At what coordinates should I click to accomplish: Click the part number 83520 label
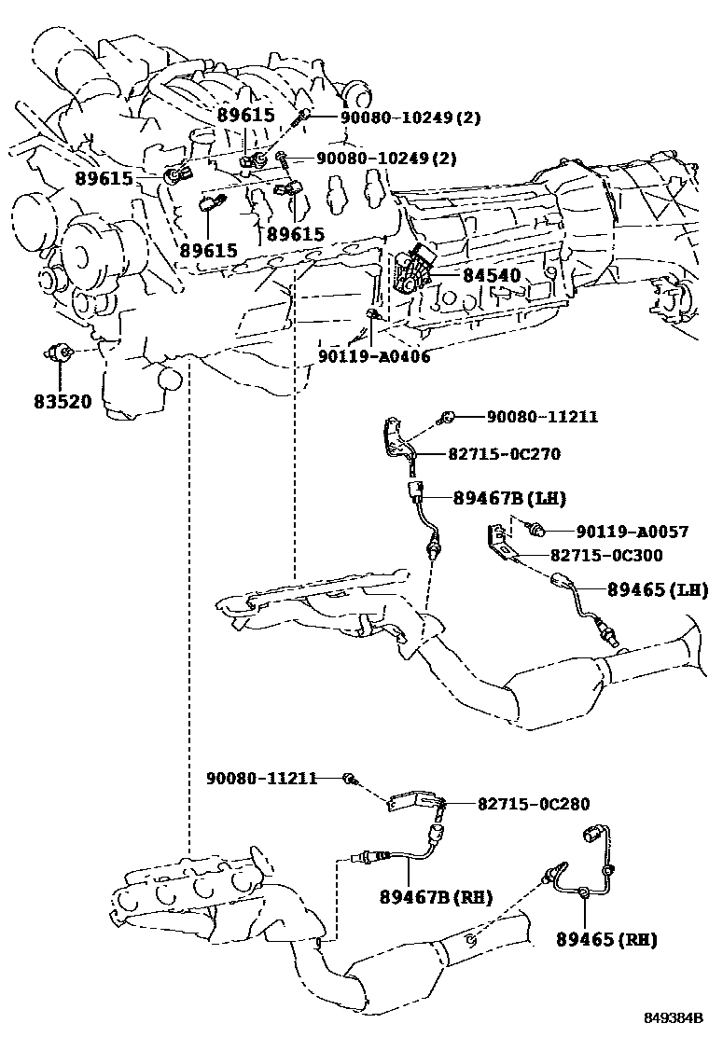pyautogui.click(x=63, y=401)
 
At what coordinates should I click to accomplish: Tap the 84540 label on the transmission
pyautogui.click(x=492, y=275)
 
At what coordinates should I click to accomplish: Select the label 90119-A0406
pyautogui.click(x=374, y=356)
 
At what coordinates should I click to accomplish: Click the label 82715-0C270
pyautogui.click(x=504, y=453)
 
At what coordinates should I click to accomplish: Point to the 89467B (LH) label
pyautogui.click(x=509, y=498)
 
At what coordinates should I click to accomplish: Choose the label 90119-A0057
pyautogui.click(x=633, y=531)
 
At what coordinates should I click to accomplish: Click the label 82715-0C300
pyautogui.click(x=606, y=555)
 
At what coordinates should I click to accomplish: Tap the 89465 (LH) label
pyautogui.click(x=658, y=589)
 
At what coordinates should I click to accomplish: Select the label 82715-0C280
pyautogui.click(x=534, y=804)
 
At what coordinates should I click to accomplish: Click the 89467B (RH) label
pyautogui.click(x=436, y=897)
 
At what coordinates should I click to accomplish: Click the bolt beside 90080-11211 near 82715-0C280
pyautogui.click(x=349, y=779)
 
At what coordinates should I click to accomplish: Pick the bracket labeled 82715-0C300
pyautogui.click(x=499, y=540)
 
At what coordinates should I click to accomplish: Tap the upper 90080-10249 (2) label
pyautogui.click(x=410, y=118)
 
